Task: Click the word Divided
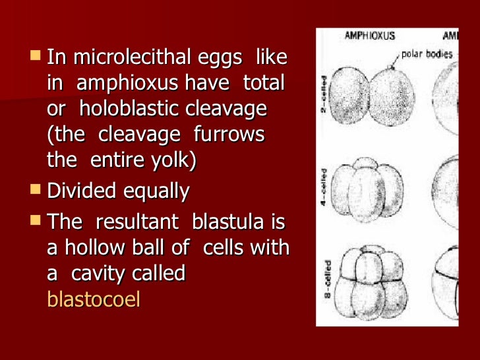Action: tap(80, 192)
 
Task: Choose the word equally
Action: tap(154, 192)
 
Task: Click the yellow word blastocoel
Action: tap(94, 299)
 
